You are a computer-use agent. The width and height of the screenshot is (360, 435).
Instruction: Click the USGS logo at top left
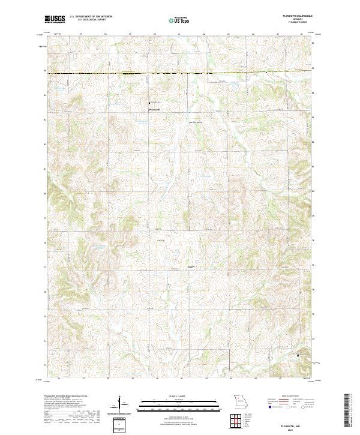click(55, 20)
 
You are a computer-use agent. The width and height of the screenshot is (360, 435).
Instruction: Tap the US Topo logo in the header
click(179, 20)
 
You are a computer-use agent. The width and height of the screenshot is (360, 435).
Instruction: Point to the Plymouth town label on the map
click(154, 109)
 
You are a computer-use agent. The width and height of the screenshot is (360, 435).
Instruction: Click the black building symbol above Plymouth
click(150, 103)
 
